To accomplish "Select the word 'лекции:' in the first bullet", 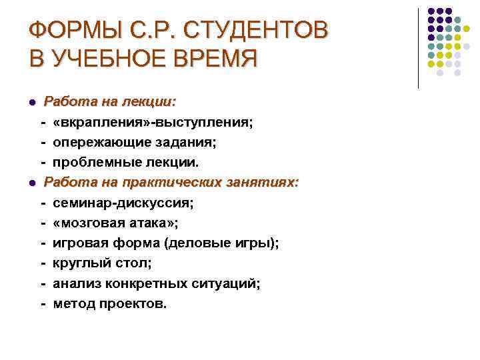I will [x=151, y=103].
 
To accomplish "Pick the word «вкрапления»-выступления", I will [x=153, y=123].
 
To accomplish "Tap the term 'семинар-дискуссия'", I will [x=125, y=203].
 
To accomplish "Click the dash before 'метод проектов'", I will [x=43, y=303].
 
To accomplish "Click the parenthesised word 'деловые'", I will [x=201, y=243].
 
